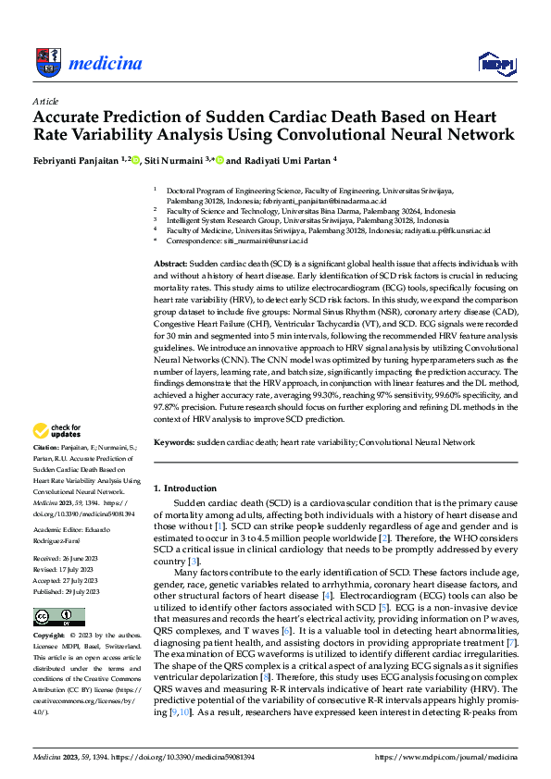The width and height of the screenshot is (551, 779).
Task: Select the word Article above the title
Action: tap(44, 101)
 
